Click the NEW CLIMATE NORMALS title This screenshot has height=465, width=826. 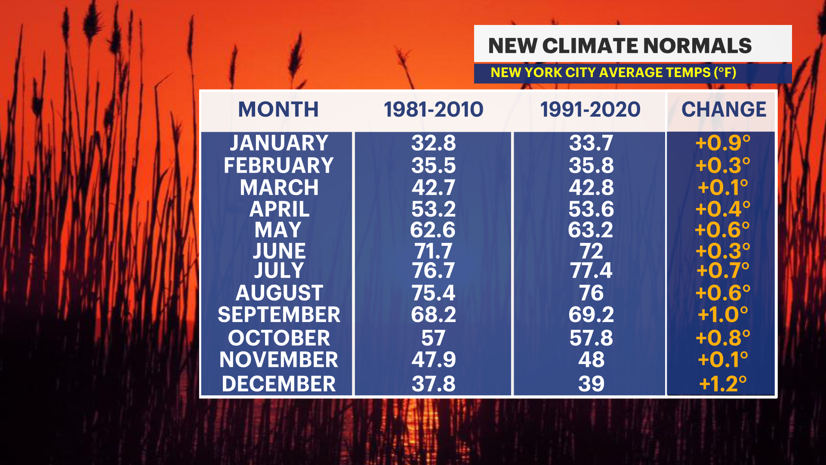click(x=619, y=46)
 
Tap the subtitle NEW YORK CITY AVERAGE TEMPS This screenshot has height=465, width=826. click(x=613, y=72)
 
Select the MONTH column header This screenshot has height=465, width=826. click(x=278, y=109)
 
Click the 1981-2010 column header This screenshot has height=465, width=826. click(x=433, y=109)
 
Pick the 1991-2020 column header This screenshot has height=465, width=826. click(x=590, y=109)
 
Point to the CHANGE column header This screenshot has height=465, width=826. click(x=724, y=109)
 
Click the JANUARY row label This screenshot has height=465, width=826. click(x=279, y=143)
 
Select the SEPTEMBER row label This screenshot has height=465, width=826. click(x=279, y=315)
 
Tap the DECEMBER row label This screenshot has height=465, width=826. click(x=279, y=384)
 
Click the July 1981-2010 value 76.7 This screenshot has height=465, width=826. click(x=433, y=271)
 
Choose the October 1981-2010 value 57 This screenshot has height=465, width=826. click(x=433, y=338)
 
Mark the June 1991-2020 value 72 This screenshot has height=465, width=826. click(x=591, y=251)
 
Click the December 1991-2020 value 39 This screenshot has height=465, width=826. click(x=591, y=384)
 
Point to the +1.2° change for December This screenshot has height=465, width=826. click(x=723, y=384)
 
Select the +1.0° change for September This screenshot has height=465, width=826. click(x=723, y=315)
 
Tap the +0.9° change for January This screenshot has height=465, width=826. click(x=723, y=143)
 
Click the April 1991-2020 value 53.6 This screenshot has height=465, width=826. click(x=591, y=209)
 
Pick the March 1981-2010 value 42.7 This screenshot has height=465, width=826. click(x=433, y=187)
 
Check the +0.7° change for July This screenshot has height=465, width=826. click(x=723, y=271)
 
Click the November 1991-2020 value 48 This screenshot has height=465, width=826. click(x=591, y=360)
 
